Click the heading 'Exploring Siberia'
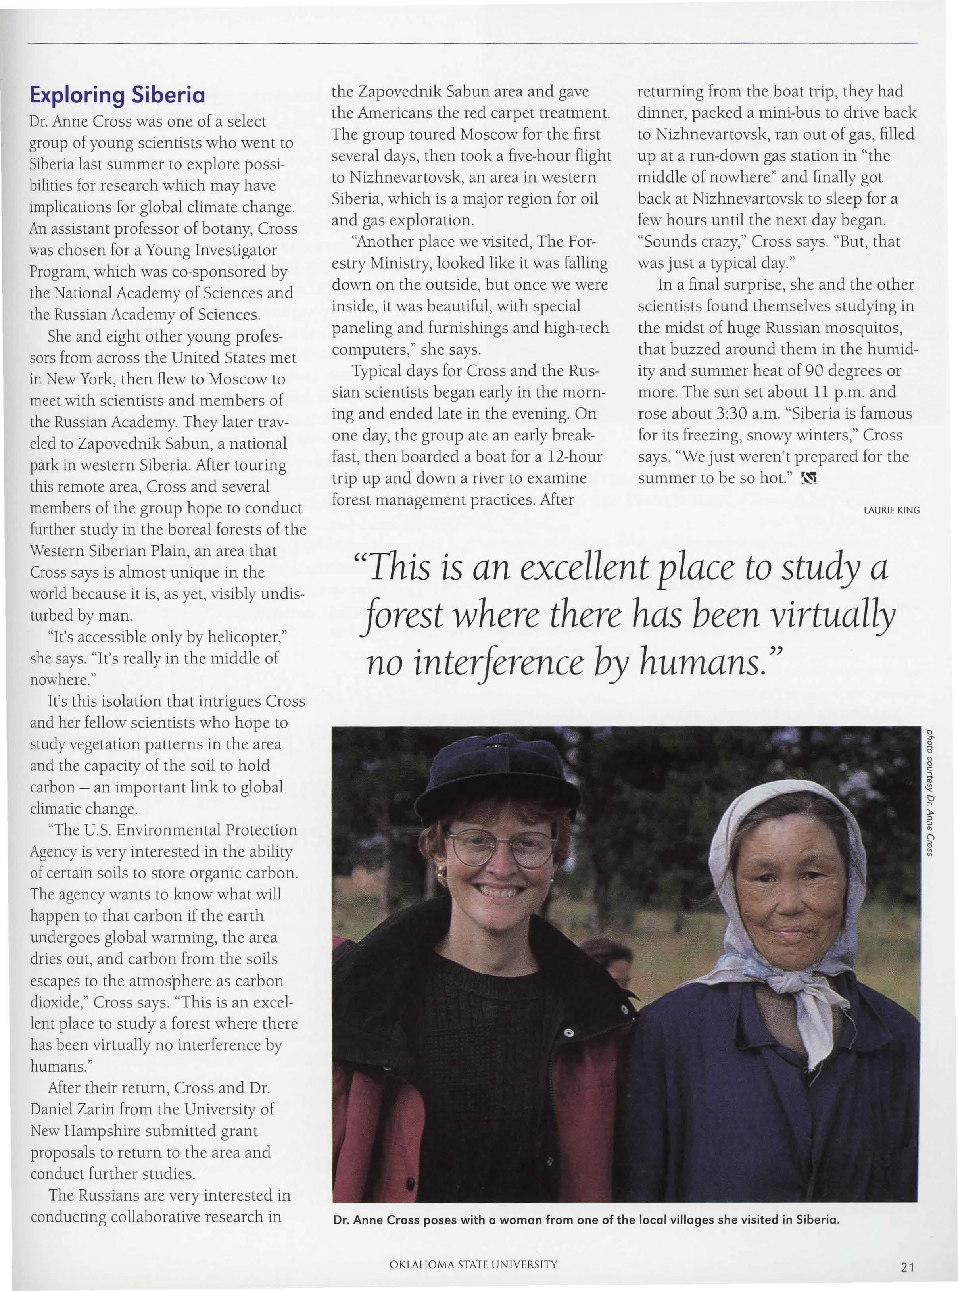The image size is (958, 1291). (x=117, y=94)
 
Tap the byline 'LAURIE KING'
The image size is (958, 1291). (x=891, y=510)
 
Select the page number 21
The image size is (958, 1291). (x=908, y=1267)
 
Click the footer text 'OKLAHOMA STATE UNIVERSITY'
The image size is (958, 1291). (x=473, y=1264)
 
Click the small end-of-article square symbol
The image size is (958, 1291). (x=808, y=479)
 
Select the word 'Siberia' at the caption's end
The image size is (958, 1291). (x=817, y=1220)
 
